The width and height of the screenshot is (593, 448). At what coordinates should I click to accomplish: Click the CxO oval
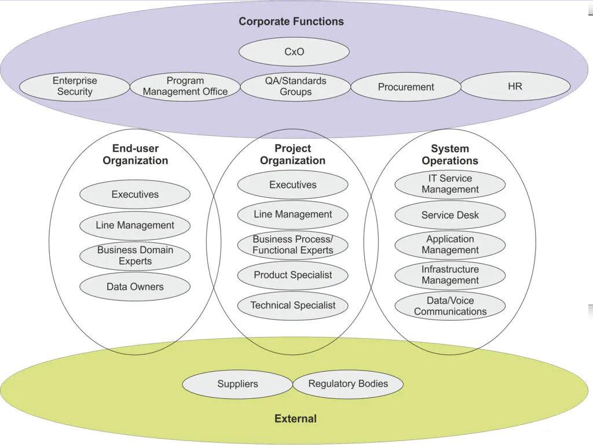click(294, 52)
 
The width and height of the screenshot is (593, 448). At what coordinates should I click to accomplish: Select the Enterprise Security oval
click(75, 87)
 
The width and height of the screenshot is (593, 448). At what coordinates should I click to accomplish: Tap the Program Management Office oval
click(185, 87)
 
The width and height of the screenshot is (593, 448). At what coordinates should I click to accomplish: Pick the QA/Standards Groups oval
click(295, 87)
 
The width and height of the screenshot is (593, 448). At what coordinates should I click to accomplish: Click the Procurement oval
click(406, 87)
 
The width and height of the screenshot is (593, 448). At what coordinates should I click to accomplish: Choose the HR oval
click(515, 86)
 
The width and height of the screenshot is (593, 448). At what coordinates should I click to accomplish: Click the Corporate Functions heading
click(291, 21)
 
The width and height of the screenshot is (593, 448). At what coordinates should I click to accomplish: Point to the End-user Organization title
click(136, 155)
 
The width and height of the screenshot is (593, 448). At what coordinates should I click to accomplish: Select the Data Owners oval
click(135, 287)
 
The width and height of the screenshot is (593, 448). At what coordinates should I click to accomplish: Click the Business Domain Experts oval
click(135, 256)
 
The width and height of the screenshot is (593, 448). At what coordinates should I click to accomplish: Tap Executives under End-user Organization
click(135, 195)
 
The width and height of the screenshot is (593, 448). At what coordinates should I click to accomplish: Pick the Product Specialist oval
click(293, 275)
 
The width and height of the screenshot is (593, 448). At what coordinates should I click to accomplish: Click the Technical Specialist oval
click(293, 305)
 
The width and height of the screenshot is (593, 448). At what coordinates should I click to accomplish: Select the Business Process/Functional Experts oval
click(293, 245)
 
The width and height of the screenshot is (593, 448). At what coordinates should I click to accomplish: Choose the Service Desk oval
click(450, 215)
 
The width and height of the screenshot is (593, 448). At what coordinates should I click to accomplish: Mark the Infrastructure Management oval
click(450, 275)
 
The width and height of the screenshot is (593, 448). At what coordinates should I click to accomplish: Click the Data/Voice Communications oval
click(450, 306)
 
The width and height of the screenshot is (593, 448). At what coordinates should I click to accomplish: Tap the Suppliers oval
click(237, 384)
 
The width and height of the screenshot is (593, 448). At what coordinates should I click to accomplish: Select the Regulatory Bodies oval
click(348, 384)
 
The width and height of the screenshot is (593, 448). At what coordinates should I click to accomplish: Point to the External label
click(295, 419)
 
